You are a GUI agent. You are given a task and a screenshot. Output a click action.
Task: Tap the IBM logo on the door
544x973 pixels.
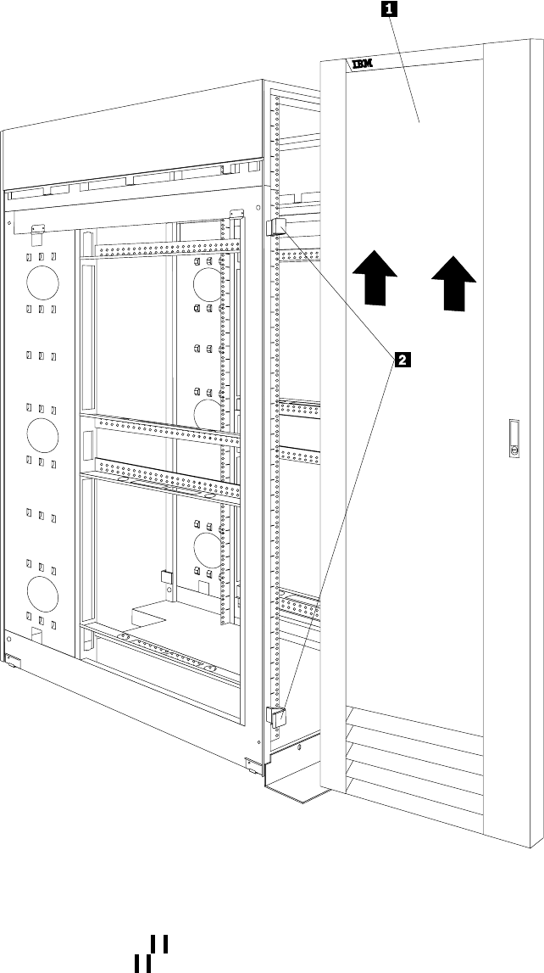point(361,64)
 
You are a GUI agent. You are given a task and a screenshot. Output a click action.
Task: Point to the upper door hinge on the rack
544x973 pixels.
point(277,227)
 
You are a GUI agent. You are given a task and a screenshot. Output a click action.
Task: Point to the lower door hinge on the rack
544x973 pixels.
point(277,715)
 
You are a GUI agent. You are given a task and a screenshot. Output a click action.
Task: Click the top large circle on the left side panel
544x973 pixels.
point(42,281)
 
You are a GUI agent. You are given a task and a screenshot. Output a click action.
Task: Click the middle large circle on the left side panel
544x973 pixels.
point(42,433)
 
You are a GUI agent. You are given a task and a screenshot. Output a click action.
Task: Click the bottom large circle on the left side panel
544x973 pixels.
point(42,590)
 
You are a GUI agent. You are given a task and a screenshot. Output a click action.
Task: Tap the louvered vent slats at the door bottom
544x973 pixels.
point(415,747)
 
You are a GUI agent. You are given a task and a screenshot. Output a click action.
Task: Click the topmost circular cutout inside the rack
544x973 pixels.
point(208,281)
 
